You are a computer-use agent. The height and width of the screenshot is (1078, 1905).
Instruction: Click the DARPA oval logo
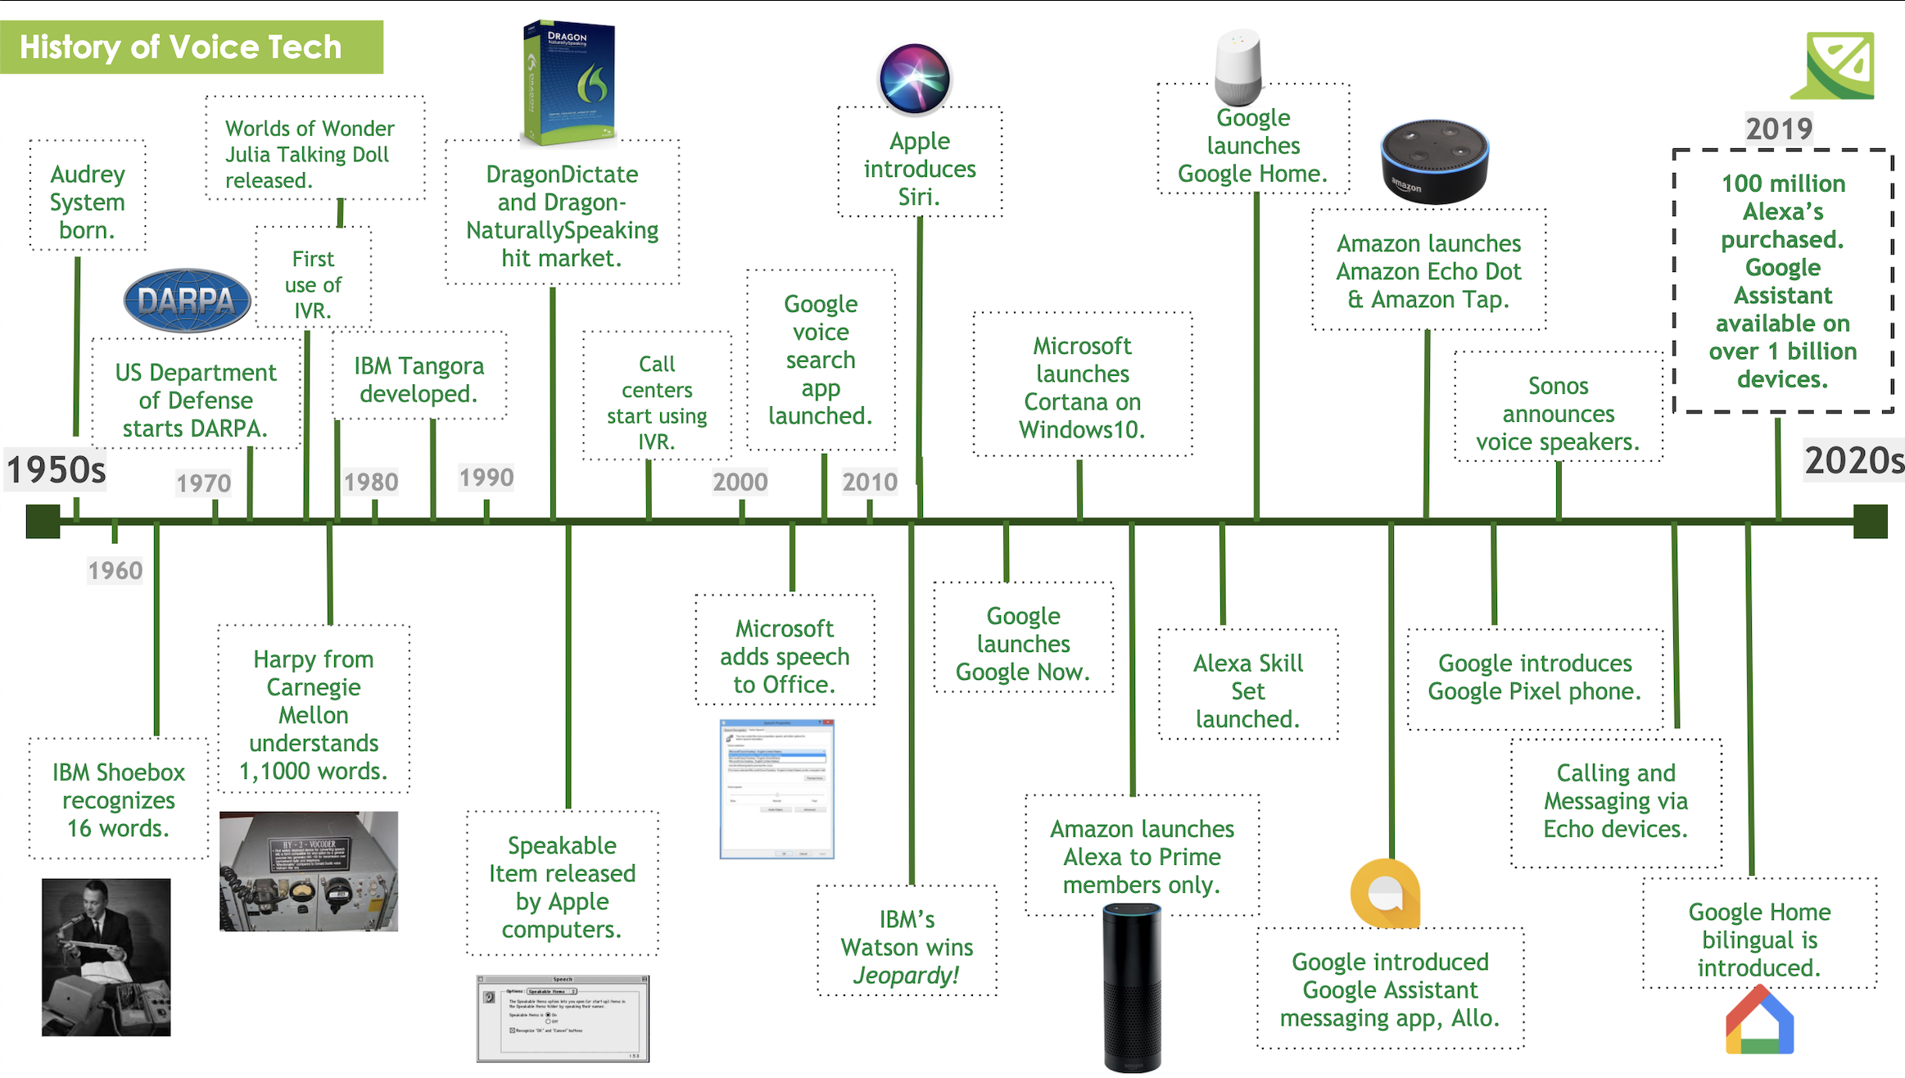[x=187, y=301]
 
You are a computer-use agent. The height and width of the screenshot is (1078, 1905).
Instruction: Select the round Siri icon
[x=914, y=79]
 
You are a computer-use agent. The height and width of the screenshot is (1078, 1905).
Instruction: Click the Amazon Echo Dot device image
[x=1434, y=161]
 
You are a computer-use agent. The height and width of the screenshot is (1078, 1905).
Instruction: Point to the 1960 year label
[x=115, y=570]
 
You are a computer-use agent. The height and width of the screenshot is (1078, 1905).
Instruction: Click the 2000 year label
[x=740, y=482]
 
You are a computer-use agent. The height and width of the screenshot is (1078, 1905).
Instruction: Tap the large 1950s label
[x=56, y=469]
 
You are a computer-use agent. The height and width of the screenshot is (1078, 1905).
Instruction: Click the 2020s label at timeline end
[x=1853, y=460]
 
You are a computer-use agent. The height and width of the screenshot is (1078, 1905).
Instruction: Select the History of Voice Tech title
[x=181, y=48]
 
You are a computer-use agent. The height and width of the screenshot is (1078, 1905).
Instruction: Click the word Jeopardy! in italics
[x=906, y=975]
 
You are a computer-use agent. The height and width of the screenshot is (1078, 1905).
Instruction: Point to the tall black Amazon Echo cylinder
[x=1132, y=987]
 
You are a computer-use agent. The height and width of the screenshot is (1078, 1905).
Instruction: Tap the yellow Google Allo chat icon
[x=1385, y=893]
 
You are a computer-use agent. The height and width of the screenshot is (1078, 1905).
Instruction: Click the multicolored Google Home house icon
[x=1759, y=1021]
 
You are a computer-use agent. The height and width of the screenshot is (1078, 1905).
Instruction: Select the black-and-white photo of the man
[x=106, y=957]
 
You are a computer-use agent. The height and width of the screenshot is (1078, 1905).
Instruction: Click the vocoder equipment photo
[x=309, y=871]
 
